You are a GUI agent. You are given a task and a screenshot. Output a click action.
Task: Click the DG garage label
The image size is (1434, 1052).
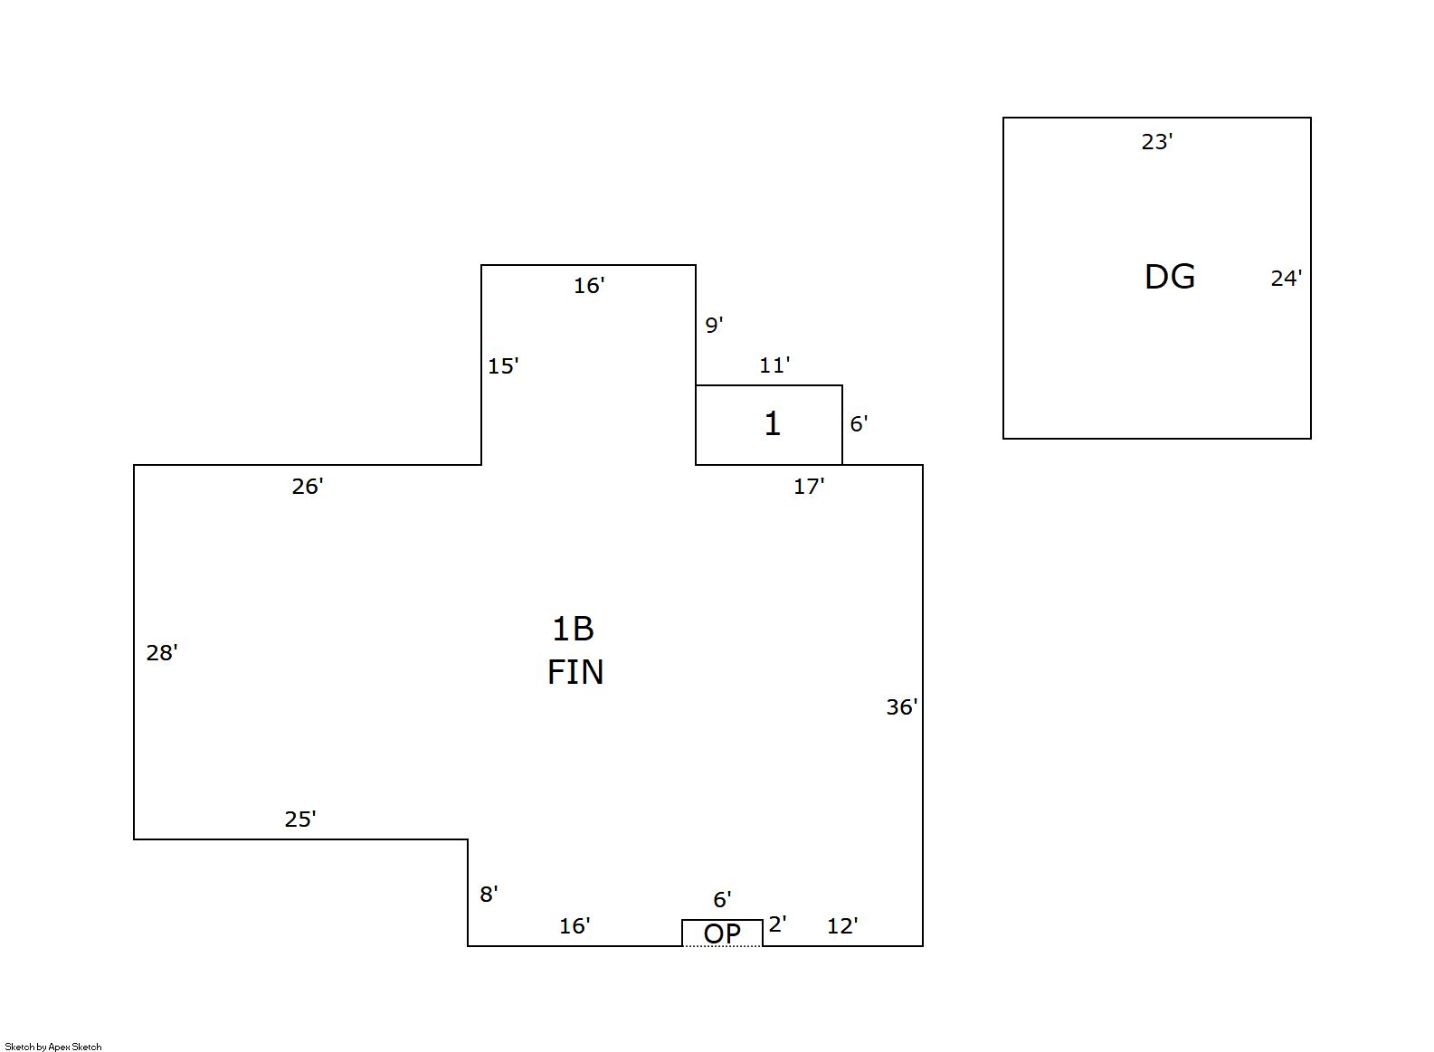[1169, 277]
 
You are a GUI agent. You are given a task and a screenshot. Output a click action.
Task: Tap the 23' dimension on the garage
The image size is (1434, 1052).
[1156, 142]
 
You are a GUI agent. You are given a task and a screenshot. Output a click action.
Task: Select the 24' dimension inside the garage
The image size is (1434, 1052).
[1286, 279]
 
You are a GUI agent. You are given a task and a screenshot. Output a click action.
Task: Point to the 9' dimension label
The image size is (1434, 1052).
[714, 325]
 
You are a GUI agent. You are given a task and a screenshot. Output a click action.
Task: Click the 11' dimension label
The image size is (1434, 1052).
[774, 365]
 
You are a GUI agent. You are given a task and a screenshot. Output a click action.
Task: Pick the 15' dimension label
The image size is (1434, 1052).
[503, 366]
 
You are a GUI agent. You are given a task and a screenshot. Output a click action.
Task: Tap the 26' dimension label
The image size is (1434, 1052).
[308, 487]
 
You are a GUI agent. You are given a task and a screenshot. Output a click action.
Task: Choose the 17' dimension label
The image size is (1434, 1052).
[809, 487]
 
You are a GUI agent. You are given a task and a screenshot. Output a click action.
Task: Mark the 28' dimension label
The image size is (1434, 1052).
[162, 653]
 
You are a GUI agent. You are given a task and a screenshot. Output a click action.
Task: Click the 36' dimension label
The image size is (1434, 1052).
[901, 707]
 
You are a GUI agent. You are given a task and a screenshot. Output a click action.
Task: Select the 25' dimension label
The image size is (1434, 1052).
[300, 820]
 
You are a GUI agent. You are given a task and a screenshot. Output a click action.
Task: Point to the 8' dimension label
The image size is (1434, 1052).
[489, 895]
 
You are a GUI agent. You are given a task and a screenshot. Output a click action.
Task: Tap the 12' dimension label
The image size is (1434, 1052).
[842, 926]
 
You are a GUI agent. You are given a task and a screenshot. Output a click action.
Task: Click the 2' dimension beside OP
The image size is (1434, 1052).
[777, 924]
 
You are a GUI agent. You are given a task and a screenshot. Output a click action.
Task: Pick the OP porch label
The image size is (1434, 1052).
[722, 934]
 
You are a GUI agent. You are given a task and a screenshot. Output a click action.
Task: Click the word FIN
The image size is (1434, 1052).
[575, 673]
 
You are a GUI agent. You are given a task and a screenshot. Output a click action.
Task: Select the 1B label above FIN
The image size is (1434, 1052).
[573, 629]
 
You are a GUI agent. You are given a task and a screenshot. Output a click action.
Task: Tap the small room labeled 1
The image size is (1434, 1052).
[772, 424]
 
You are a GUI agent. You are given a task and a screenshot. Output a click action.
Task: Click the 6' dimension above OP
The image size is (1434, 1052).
[722, 900]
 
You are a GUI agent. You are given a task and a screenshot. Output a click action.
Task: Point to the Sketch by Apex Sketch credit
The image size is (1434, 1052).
[53, 1047]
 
